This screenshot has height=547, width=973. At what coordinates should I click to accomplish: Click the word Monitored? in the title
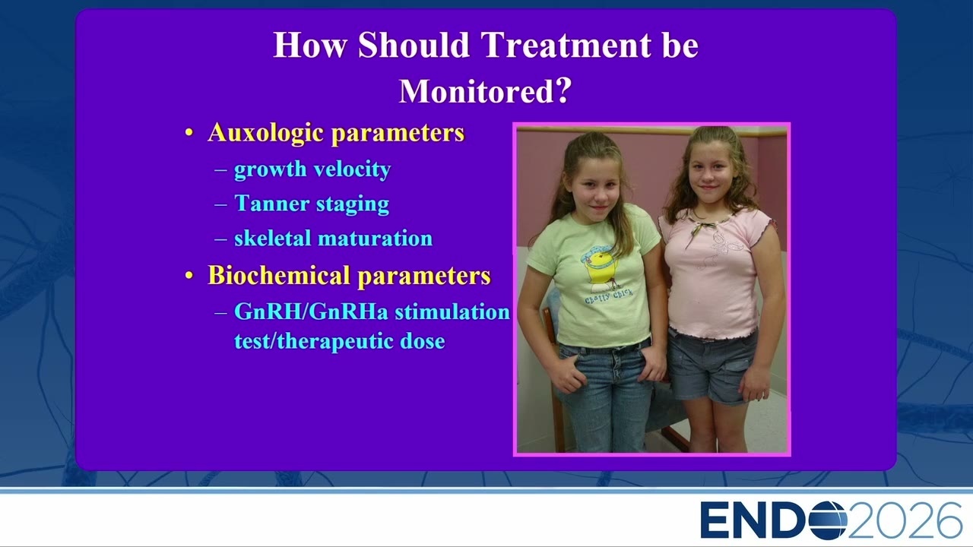click(485, 90)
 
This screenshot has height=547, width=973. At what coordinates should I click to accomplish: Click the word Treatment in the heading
click(566, 44)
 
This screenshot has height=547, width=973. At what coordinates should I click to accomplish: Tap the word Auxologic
click(265, 132)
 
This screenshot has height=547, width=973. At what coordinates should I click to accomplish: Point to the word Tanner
click(271, 203)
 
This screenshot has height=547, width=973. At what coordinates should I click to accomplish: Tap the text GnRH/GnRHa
click(311, 311)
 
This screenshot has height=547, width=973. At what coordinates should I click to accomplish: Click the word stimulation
click(452, 311)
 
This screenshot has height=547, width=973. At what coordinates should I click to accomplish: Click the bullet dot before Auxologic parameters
click(189, 133)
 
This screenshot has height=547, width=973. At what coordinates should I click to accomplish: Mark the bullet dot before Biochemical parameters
click(189, 275)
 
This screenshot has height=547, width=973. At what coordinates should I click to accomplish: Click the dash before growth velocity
click(220, 169)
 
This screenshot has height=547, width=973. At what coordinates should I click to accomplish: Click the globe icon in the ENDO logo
click(828, 520)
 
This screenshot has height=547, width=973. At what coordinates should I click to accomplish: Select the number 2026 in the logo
click(902, 520)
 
